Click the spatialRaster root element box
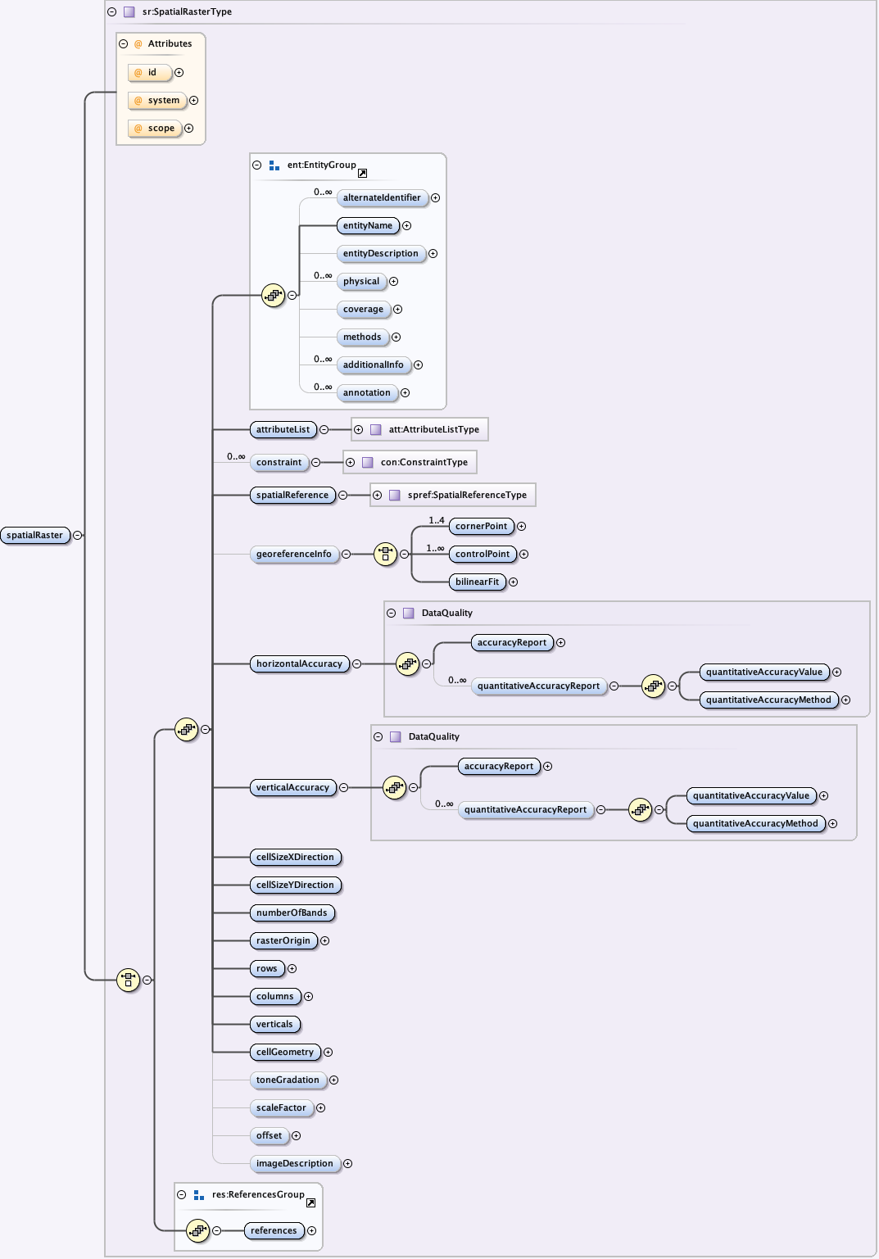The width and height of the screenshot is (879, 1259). tap(34, 536)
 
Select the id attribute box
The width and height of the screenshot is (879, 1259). tap(150, 73)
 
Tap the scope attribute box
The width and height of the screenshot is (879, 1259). tap(155, 129)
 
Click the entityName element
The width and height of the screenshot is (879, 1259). tap(367, 226)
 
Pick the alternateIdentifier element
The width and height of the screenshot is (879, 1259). tap(382, 198)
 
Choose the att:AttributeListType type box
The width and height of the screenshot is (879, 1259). tap(419, 430)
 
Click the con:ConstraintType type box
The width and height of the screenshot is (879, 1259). tap(410, 463)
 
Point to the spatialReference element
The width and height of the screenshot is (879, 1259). tap(292, 496)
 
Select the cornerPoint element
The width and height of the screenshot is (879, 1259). tap(481, 527)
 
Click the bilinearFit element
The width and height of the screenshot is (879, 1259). tap(477, 582)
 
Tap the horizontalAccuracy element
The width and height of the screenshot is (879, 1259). tap(299, 664)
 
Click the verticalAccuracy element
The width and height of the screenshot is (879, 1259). tap(292, 788)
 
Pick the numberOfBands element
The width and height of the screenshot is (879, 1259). tap(292, 913)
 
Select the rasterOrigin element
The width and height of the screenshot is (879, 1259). tap(283, 941)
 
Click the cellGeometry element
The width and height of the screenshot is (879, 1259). tap(285, 1053)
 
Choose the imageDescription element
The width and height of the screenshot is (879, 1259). tap(295, 1164)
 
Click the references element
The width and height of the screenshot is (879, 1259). tap(274, 1231)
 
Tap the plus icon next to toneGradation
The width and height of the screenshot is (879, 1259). tap(333, 1080)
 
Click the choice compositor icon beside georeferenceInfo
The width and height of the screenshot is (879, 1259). tap(385, 555)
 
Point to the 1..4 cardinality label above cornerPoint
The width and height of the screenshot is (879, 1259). tap(437, 520)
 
